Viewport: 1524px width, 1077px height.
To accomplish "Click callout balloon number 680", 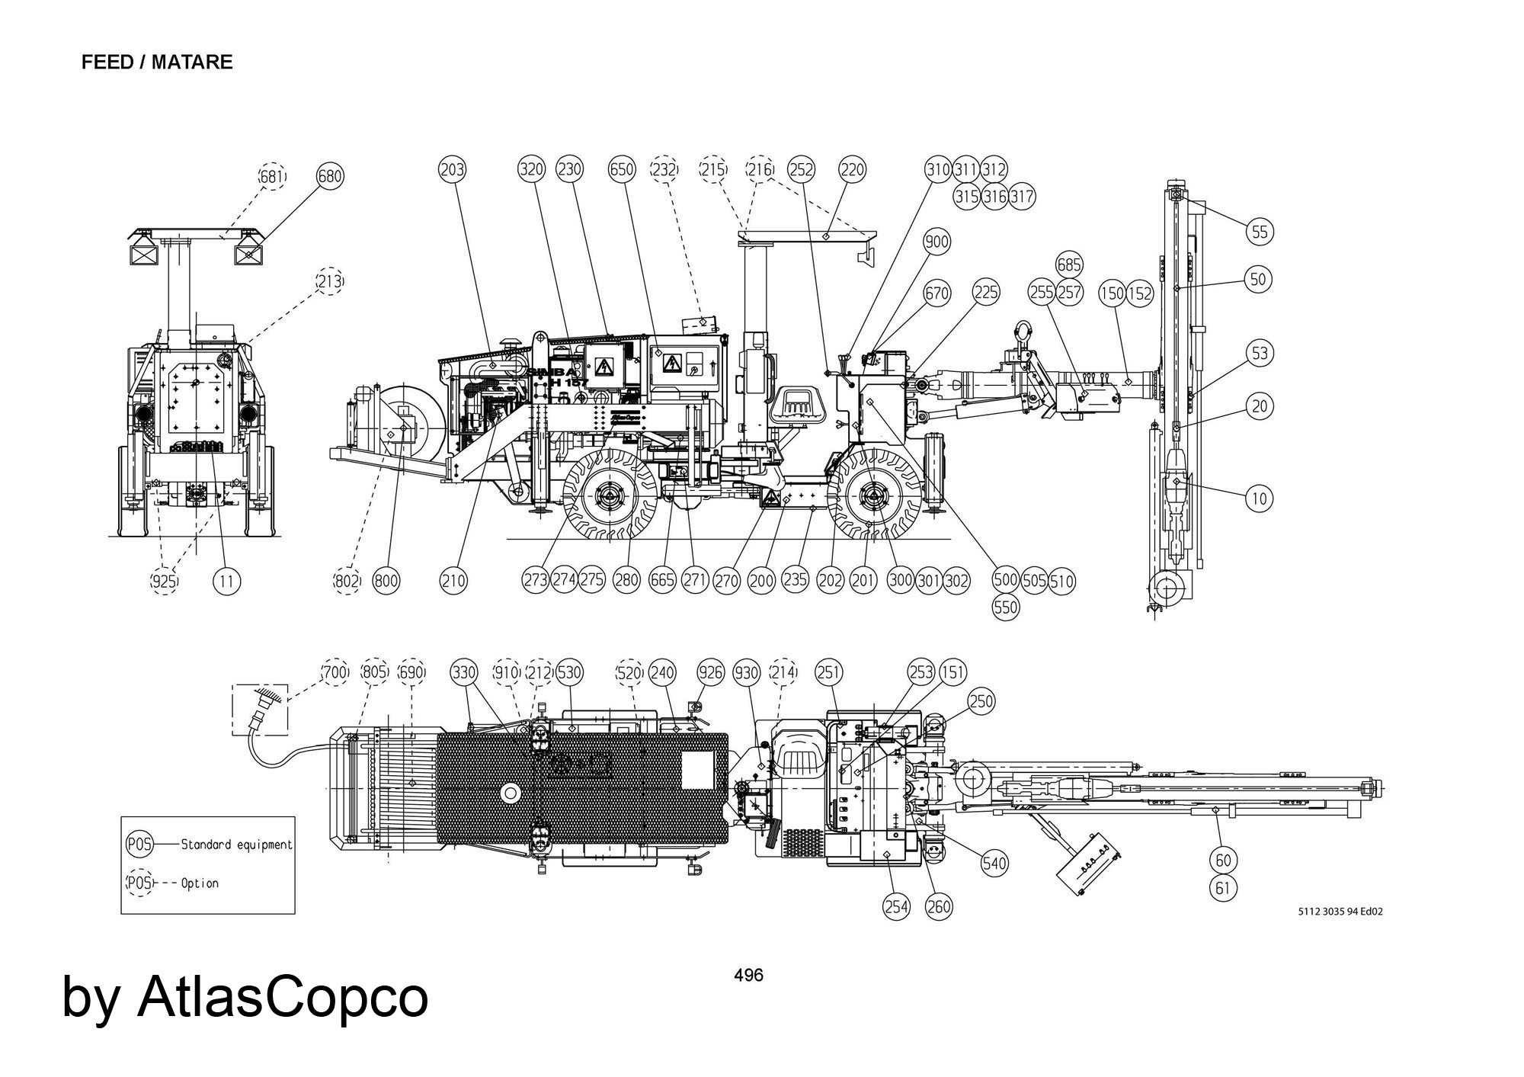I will pyautogui.click(x=330, y=177).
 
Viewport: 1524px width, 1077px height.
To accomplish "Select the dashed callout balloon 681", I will pyautogui.click(x=272, y=177).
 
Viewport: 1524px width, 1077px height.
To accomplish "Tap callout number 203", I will pyautogui.click(x=452, y=169).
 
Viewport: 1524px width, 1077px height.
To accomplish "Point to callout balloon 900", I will pyautogui.click(x=936, y=242).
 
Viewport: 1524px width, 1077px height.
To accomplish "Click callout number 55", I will pyautogui.click(x=1260, y=231).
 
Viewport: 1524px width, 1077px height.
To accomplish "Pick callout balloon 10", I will pyautogui.click(x=1259, y=498).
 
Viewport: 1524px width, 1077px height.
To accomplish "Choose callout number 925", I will pyautogui.click(x=164, y=582).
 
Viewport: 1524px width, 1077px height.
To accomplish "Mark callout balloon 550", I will pyautogui.click(x=1007, y=607).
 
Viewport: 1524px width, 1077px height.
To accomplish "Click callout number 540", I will pyautogui.click(x=994, y=864).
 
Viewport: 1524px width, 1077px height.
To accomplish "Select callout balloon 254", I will pyautogui.click(x=896, y=907).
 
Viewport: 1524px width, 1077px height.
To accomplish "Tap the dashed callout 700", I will pyautogui.click(x=335, y=672).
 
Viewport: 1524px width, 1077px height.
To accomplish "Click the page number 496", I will pyautogui.click(x=748, y=975).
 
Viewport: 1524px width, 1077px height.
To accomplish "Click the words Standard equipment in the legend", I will pyautogui.click(x=236, y=845).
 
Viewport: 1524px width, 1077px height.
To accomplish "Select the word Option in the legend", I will pyautogui.click(x=200, y=883).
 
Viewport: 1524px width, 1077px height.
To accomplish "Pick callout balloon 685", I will pyautogui.click(x=1069, y=264).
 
